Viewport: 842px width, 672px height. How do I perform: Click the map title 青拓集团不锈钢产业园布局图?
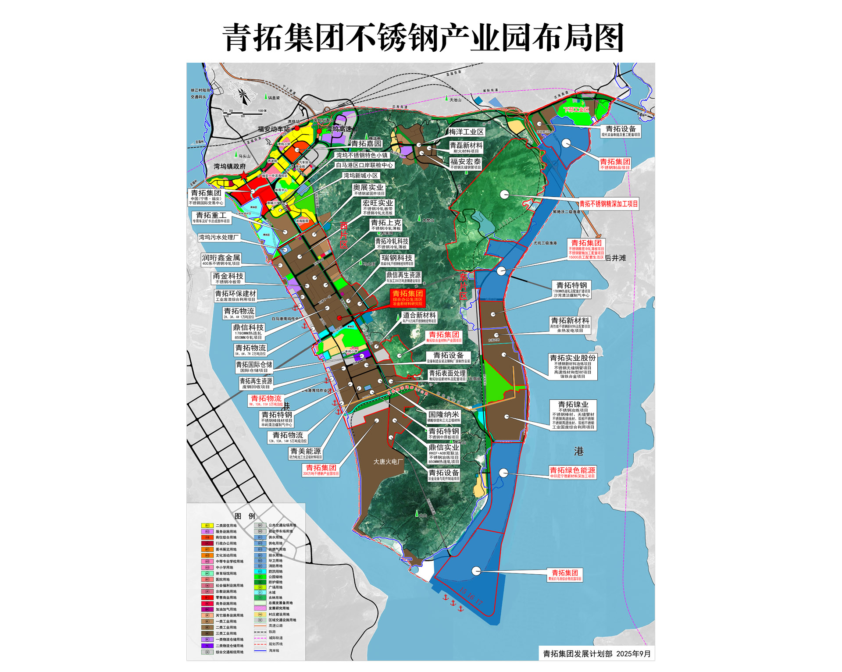(423, 38)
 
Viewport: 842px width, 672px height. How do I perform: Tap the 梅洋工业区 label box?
(466, 132)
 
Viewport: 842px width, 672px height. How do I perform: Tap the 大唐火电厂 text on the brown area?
(388, 462)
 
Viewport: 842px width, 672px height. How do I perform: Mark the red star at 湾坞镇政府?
(243, 175)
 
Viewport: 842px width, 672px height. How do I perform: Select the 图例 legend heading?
(245, 516)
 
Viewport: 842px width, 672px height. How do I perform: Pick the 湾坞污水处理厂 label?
(218, 237)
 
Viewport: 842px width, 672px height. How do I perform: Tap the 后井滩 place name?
(616, 258)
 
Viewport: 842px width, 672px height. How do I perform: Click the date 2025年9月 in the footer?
(633, 654)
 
